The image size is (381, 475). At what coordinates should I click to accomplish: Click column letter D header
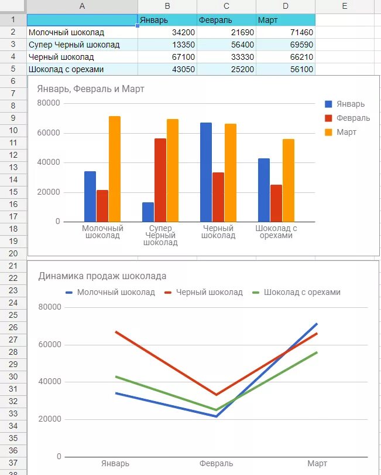(286, 6)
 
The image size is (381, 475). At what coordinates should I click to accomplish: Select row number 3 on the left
(12, 45)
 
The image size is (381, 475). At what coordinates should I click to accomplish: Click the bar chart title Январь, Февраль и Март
(90, 89)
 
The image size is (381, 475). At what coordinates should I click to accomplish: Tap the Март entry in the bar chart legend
(346, 132)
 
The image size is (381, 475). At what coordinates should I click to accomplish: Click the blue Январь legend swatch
(328, 104)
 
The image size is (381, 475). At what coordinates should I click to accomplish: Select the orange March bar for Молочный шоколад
(115, 169)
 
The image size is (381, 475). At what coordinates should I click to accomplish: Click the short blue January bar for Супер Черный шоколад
(148, 212)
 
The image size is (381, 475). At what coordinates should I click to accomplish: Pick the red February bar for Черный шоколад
(218, 196)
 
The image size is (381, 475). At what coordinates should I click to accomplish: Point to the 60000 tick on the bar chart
(49, 133)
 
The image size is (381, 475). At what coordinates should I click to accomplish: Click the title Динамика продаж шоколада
(102, 276)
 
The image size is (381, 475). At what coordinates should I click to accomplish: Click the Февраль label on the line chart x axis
(216, 464)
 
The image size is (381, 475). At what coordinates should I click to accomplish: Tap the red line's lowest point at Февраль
(217, 395)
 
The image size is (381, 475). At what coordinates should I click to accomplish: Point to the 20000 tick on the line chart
(50, 419)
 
